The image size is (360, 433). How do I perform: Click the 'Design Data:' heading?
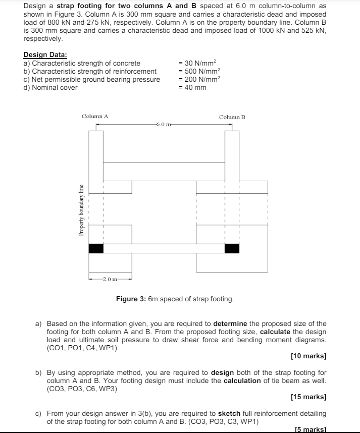coord(45,55)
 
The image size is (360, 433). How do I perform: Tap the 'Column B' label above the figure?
coord(232,117)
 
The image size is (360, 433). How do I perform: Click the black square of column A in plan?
coord(96,248)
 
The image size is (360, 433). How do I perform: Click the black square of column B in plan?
coord(232,248)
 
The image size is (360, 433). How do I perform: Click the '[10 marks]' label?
coord(308,356)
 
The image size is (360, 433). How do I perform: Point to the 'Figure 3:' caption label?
coord(131,299)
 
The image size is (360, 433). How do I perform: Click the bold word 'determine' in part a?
coord(230,323)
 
